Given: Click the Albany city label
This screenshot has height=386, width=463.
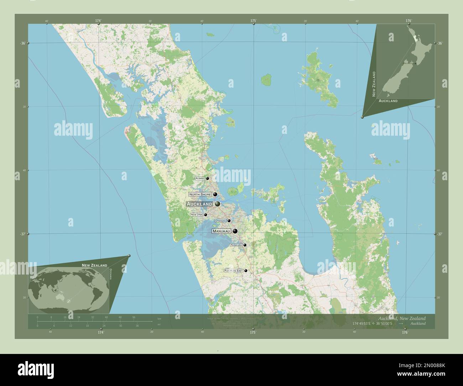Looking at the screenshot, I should pyautogui.click(x=200, y=178).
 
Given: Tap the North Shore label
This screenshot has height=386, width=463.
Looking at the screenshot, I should pyautogui.click(x=200, y=194).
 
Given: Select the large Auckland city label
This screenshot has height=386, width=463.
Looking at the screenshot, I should pyautogui.click(x=199, y=204).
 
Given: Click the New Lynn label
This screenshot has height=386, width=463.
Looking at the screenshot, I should pyautogui.click(x=197, y=215).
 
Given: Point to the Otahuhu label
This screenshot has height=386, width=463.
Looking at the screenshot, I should pyautogui.click(x=221, y=221).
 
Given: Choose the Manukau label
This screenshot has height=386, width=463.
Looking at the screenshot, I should pyautogui.click(x=222, y=231).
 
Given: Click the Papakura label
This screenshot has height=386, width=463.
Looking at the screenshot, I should pyautogui.click(x=236, y=245).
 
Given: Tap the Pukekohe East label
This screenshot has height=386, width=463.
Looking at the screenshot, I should pyautogui.click(x=234, y=271).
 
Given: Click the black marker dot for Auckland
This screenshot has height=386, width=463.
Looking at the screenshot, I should pyautogui.click(x=217, y=204).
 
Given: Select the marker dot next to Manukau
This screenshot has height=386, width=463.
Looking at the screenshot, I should pyautogui.click(x=235, y=231).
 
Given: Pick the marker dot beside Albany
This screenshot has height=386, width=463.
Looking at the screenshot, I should pyautogui.click(x=207, y=178).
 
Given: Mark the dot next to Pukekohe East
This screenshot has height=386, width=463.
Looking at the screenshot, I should pyautogui.click(x=246, y=271).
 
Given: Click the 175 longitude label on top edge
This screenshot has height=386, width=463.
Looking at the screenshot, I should pyautogui.click(x=253, y=21).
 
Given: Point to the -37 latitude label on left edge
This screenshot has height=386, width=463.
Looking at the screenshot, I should pyautogui.click(x=23, y=234).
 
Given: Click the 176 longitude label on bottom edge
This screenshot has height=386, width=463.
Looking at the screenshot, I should pyautogui.click(x=405, y=332).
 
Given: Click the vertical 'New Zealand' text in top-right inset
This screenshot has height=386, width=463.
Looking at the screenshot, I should pyautogui.click(x=374, y=84).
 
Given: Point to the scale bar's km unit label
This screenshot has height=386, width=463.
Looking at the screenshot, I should pyautogui.click(x=159, y=319).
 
